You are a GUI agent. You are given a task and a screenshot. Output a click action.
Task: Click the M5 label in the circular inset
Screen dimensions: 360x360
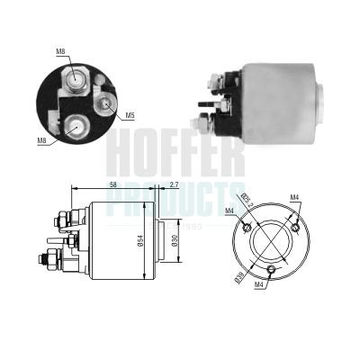tap(130, 115)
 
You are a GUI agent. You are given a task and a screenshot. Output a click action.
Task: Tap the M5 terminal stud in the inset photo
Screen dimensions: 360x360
tap(106, 104)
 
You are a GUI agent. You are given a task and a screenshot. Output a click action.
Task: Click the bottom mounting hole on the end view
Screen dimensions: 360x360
tap(272, 270)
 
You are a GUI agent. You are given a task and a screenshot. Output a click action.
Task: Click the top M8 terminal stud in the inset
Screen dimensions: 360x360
tap(76, 83)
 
